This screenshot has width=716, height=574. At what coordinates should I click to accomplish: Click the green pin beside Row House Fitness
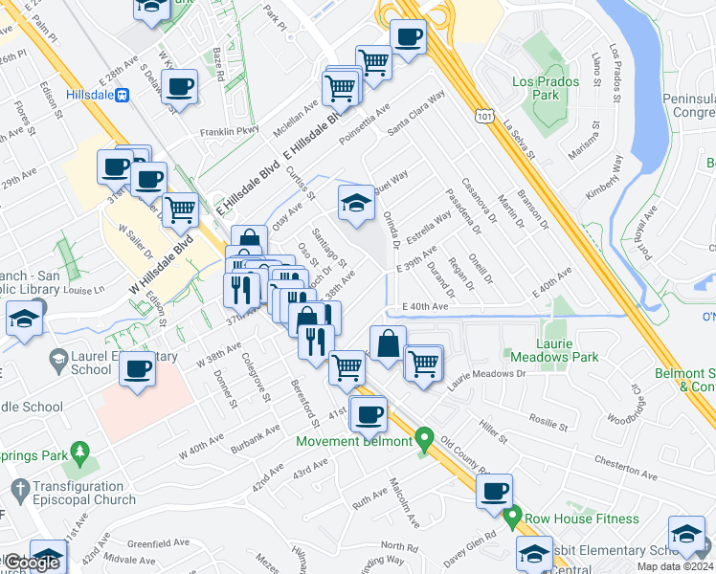pyautogui.click(x=512, y=519)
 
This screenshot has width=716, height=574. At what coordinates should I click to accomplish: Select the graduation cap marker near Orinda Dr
pyautogui.click(x=356, y=203)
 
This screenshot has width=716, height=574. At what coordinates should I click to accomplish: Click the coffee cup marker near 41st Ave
pyautogui.click(x=369, y=413)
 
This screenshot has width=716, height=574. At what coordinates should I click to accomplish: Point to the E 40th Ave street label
pyautogui.click(x=425, y=306)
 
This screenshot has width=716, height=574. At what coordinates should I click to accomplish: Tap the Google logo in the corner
pyautogui.click(x=31, y=563)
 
